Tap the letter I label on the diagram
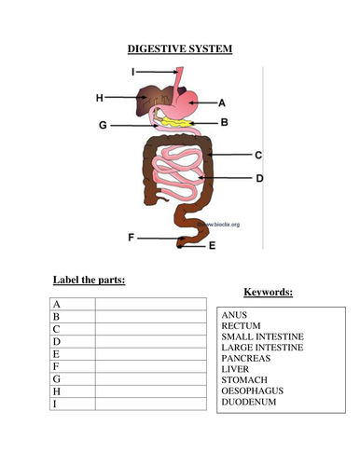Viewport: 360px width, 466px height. coord(134,71)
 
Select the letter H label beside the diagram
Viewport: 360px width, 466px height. coord(100,97)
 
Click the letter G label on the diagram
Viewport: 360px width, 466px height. coord(102,123)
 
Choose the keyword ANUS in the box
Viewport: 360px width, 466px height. coord(235,315)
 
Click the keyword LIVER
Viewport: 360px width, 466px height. coord(236,369)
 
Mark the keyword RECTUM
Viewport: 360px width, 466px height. coord(242,326)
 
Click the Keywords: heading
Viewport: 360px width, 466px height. coord(268,292)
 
